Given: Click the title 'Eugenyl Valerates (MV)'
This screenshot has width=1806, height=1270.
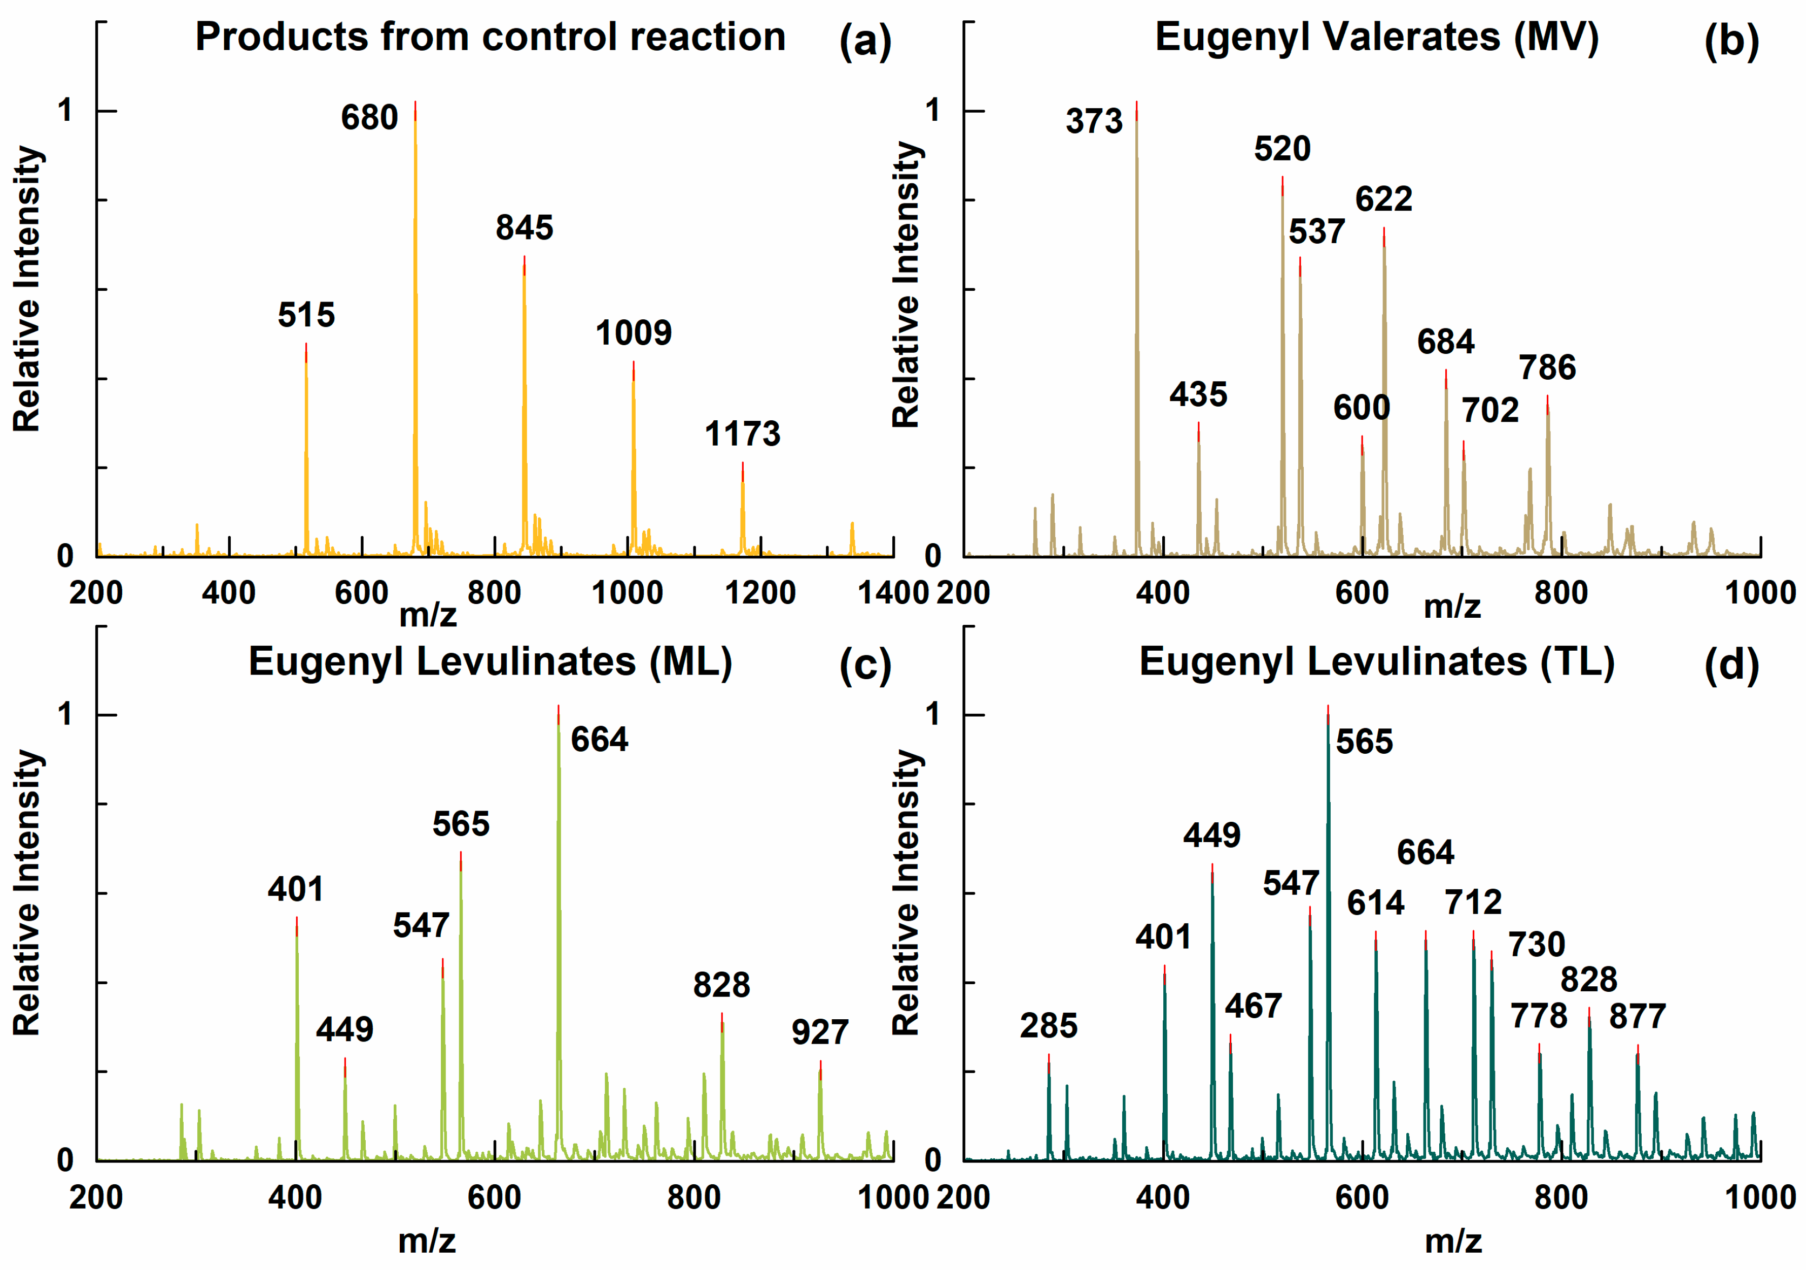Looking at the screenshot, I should (x=1376, y=37).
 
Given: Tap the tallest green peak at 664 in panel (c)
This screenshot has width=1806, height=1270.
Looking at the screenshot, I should (x=559, y=865).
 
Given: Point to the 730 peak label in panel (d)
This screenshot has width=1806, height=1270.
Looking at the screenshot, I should (x=1536, y=944).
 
